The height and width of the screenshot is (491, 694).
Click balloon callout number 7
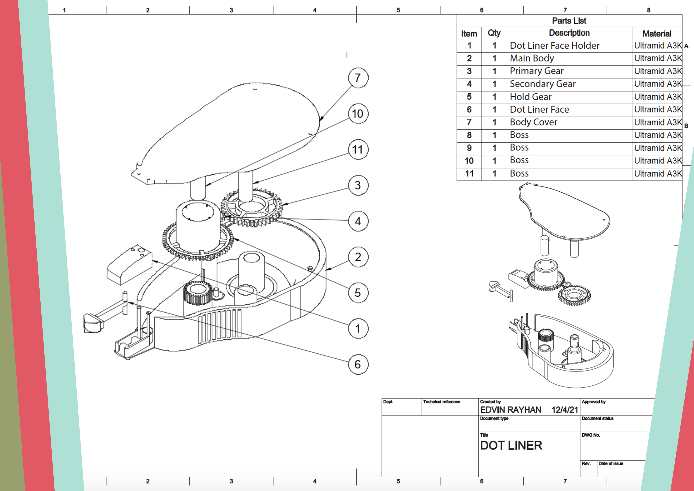(358, 78)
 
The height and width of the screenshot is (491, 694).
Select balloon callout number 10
(358, 114)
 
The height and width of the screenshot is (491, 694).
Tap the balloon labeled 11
(358, 149)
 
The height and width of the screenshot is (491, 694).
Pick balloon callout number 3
(358, 185)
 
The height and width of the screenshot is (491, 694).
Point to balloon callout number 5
(358, 293)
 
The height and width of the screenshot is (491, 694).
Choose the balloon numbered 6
(358, 364)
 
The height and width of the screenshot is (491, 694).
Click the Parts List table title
(569, 21)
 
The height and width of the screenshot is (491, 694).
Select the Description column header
(569, 33)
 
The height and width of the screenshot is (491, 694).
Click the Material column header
(657, 34)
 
